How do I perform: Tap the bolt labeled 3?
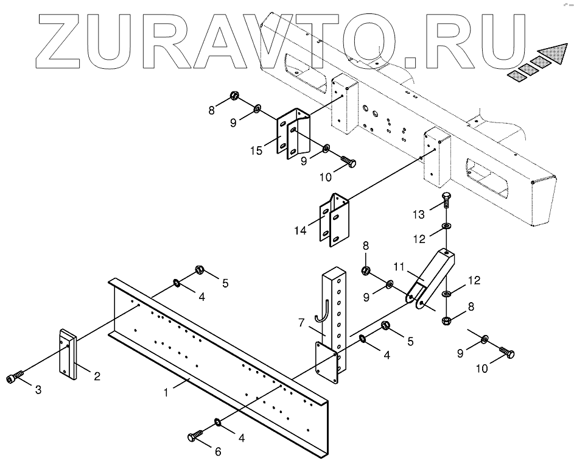[x=16, y=378]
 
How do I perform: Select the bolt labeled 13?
[x=446, y=199]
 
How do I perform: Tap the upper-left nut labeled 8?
[x=234, y=96]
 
